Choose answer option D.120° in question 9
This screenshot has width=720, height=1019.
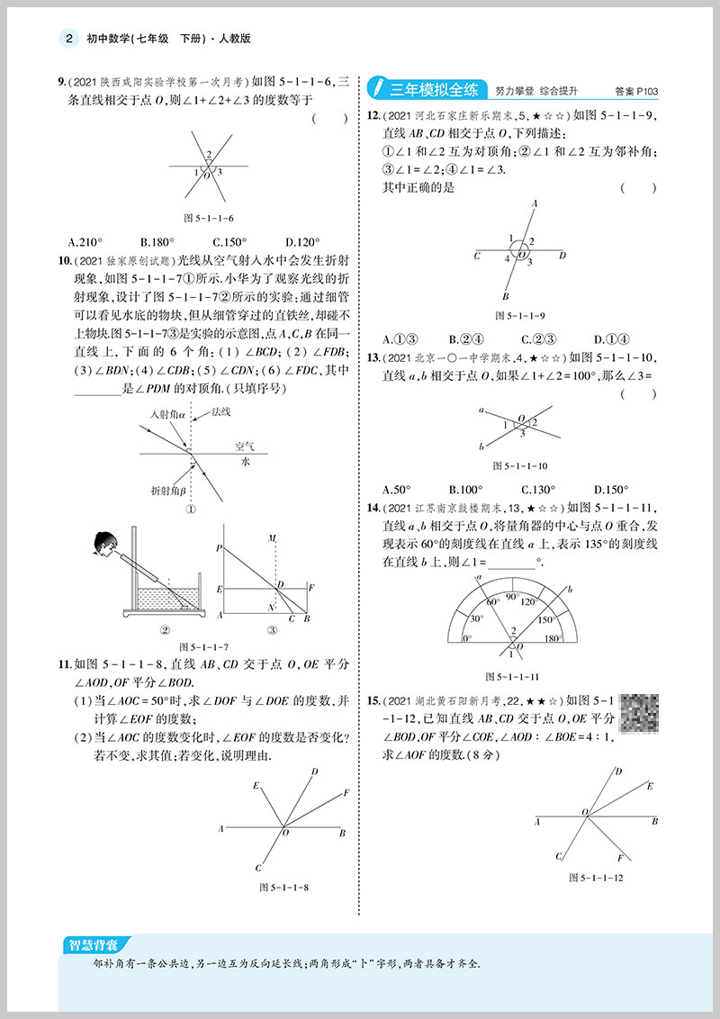pyautogui.click(x=302, y=241)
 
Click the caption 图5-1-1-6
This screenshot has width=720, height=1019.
pyautogui.click(x=208, y=218)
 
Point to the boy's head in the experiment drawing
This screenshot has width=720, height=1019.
pyautogui.click(x=105, y=545)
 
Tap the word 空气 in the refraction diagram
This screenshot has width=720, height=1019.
pyautogui.click(x=245, y=446)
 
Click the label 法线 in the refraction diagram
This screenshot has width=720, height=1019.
pyautogui.click(x=221, y=412)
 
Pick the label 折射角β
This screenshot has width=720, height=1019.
pyautogui.click(x=168, y=490)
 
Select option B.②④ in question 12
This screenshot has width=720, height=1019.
pyautogui.click(x=466, y=339)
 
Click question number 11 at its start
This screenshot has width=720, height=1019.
pyautogui.click(x=63, y=665)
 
